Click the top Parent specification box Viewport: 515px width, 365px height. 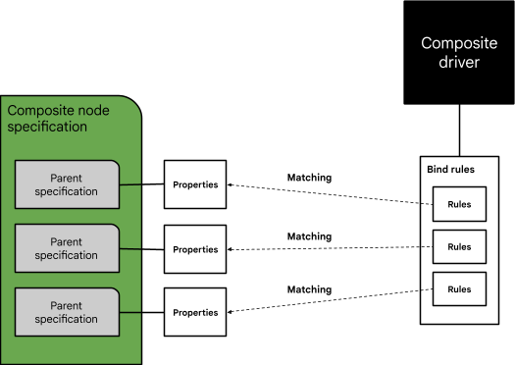(67, 184)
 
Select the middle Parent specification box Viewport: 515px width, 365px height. (67, 248)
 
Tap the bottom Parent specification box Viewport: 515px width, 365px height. (67, 312)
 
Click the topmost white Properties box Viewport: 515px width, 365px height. (195, 184)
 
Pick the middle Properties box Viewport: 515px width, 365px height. (195, 249)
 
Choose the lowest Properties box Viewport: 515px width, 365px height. (195, 312)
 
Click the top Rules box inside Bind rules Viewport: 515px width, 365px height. (459, 205)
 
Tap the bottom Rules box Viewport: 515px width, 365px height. (459, 288)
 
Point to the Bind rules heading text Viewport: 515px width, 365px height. (451, 170)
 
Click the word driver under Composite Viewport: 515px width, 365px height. (458, 63)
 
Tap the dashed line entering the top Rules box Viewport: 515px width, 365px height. (426, 205)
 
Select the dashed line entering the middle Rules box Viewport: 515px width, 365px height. (426, 246)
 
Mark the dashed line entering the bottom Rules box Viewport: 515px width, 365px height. (426, 288)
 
